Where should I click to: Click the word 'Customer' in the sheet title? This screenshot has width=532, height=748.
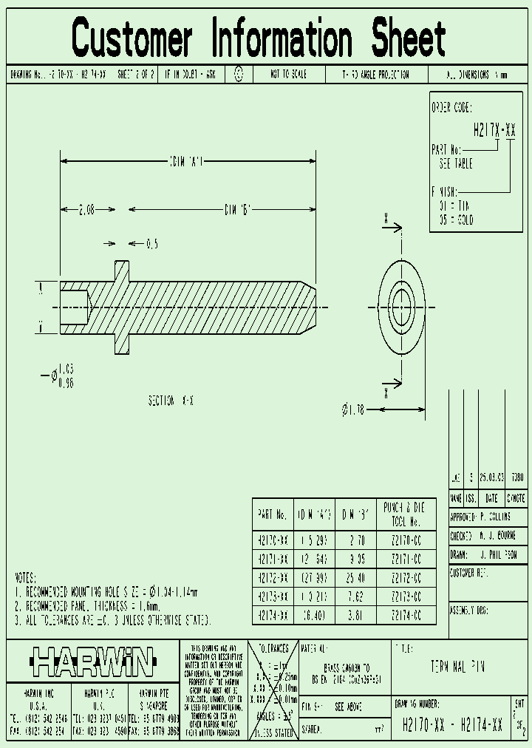(132, 38)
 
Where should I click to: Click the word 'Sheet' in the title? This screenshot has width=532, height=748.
(409, 38)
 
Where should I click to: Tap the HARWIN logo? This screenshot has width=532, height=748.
(93, 662)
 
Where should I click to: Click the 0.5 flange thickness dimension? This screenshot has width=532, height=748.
(152, 243)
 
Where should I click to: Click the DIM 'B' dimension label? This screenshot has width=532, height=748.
(238, 209)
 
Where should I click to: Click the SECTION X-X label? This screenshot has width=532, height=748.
(171, 400)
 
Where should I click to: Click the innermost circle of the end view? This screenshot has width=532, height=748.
(401, 306)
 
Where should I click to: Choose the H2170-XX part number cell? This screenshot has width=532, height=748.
(273, 540)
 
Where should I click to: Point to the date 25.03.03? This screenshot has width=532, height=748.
(491, 478)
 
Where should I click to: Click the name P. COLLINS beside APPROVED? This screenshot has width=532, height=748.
(494, 517)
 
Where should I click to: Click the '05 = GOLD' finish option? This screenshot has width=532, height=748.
(455, 220)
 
